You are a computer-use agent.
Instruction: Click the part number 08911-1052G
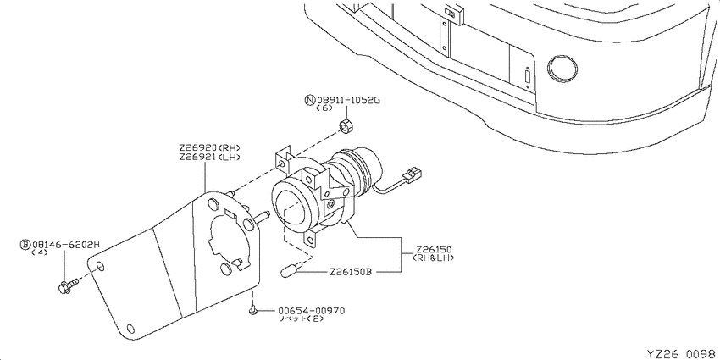[348, 100]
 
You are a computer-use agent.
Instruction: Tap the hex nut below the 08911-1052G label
[346, 125]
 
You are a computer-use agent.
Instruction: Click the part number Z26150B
[350, 272]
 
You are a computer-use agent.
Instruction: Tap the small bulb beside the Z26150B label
[291, 269]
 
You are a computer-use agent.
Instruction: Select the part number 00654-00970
[311, 311]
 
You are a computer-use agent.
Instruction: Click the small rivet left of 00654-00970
[252, 311]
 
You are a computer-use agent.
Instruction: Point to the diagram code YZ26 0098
[681, 353]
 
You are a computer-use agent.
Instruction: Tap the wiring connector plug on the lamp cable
[412, 175]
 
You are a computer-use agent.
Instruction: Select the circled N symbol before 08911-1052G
[311, 100]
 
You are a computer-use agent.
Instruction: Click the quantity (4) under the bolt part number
[40, 252]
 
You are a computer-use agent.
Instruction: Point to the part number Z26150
[434, 249]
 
